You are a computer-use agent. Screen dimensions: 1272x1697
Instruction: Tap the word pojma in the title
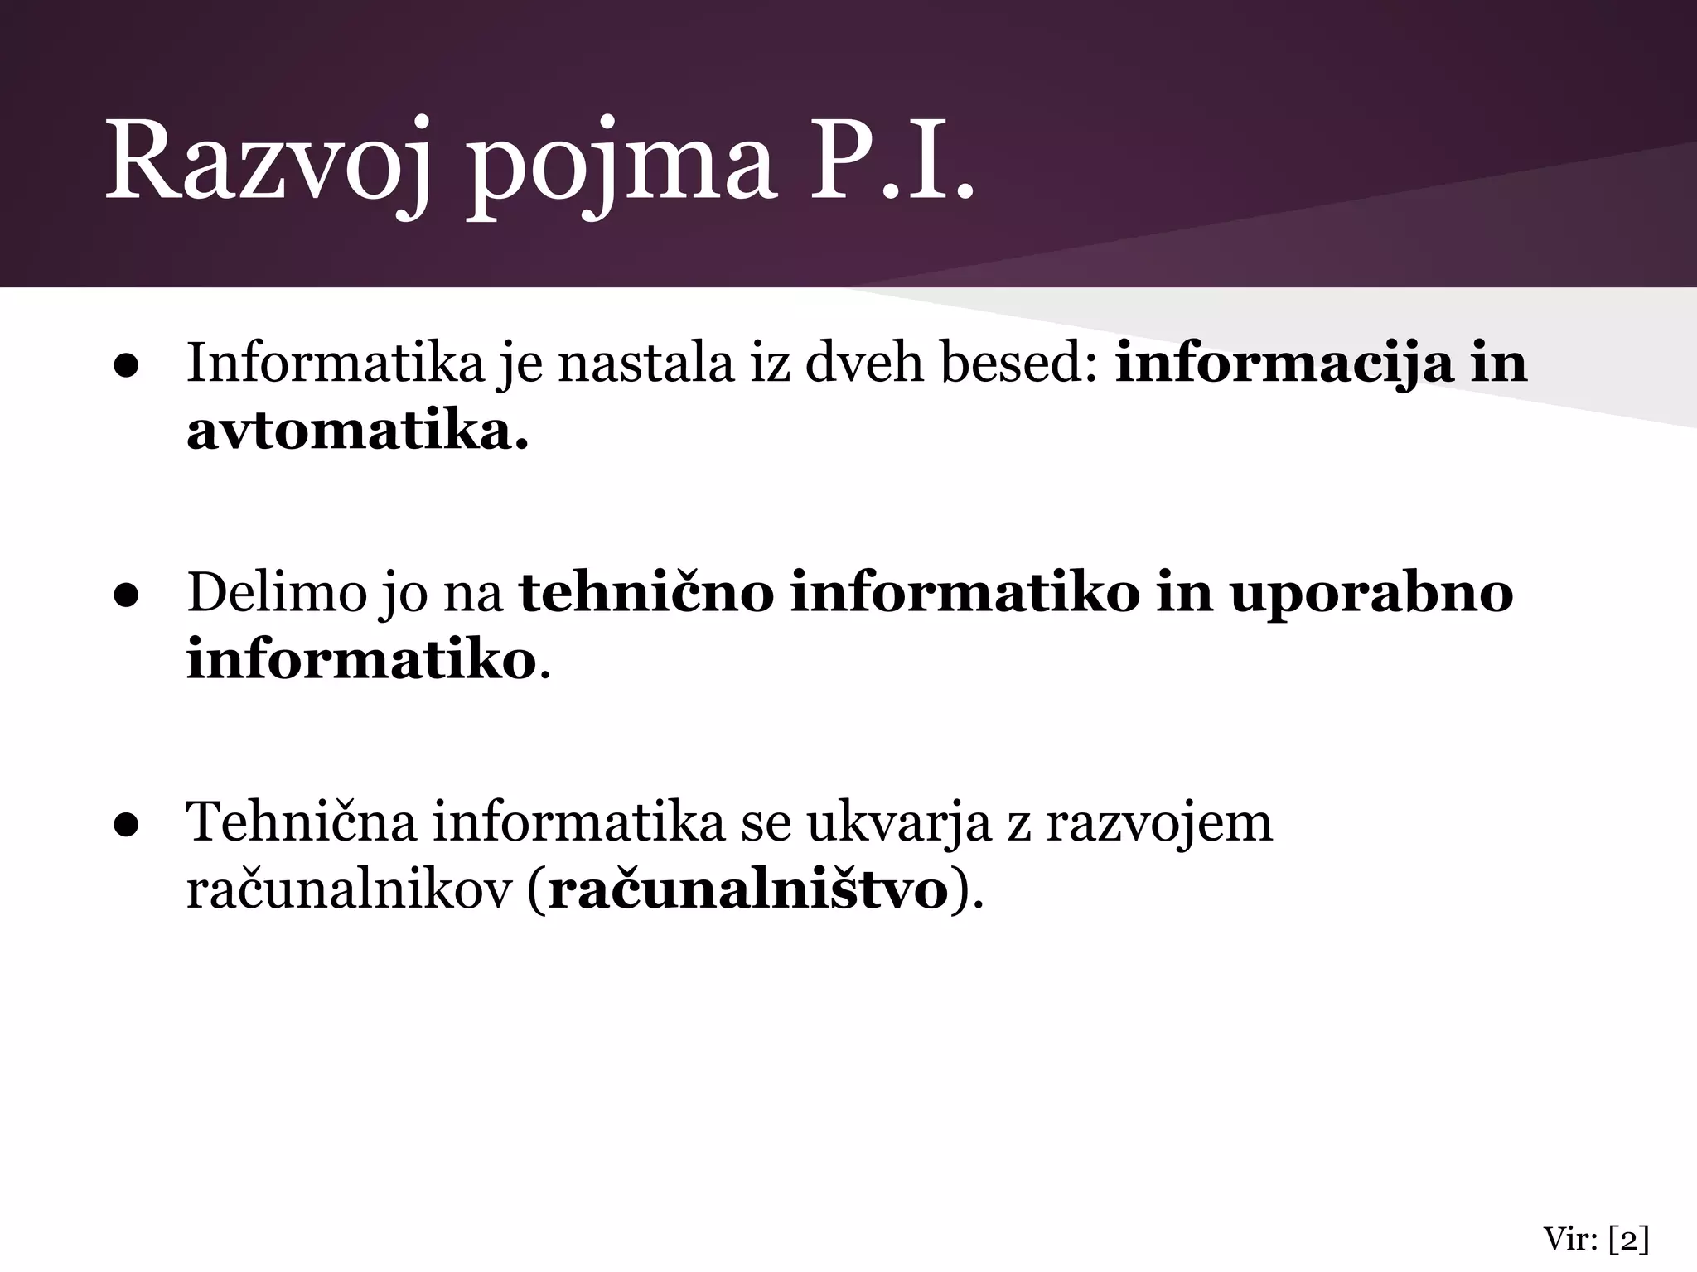[x=621, y=166]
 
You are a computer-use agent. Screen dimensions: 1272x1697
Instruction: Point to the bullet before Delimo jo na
[x=126, y=595]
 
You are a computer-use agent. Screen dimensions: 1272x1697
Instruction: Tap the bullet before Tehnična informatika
[x=126, y=825]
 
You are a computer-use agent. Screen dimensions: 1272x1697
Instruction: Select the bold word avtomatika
[x=357, y=432]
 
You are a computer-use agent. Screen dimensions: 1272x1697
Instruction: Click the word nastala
[x=647, y=363]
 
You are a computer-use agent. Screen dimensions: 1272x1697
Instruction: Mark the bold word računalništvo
[x=748, y=891]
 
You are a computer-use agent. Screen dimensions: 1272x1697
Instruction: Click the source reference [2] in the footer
[x=1628, y=1241]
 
